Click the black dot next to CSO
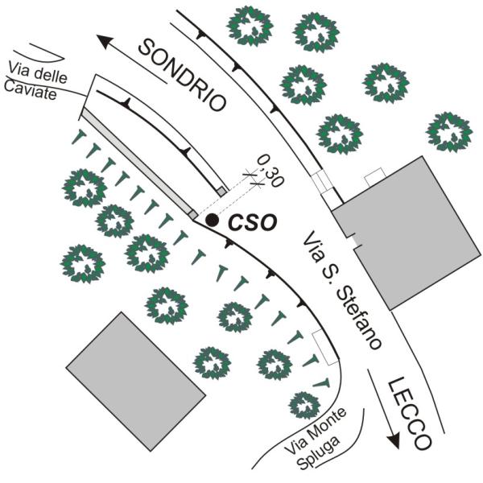click(212, 219)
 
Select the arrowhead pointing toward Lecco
click(394, 441)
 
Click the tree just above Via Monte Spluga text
click(302, 403)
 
